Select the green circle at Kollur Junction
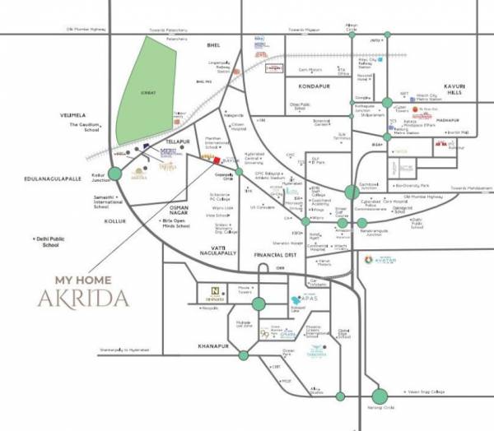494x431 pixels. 114,174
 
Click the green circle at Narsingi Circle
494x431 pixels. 380,396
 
